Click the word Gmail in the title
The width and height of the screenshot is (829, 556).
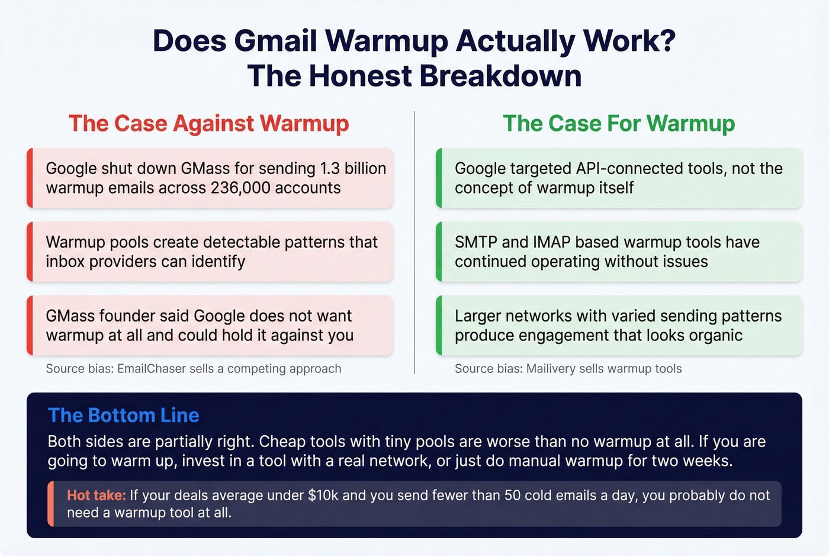click(x=276, y=41)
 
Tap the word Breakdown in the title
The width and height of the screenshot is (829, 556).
click(x=500, y=76)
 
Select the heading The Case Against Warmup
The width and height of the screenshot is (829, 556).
click(x=208, y=124)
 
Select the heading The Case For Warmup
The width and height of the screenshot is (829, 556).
click(x=619, y=124)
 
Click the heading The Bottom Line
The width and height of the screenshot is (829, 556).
click(x=123, y=416)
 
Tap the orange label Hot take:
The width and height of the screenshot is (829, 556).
click(x=96, y=496)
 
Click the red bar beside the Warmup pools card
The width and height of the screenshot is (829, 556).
click(x=30, y=252)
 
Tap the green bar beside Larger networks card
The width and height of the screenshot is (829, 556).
click(x=439, y=326)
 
